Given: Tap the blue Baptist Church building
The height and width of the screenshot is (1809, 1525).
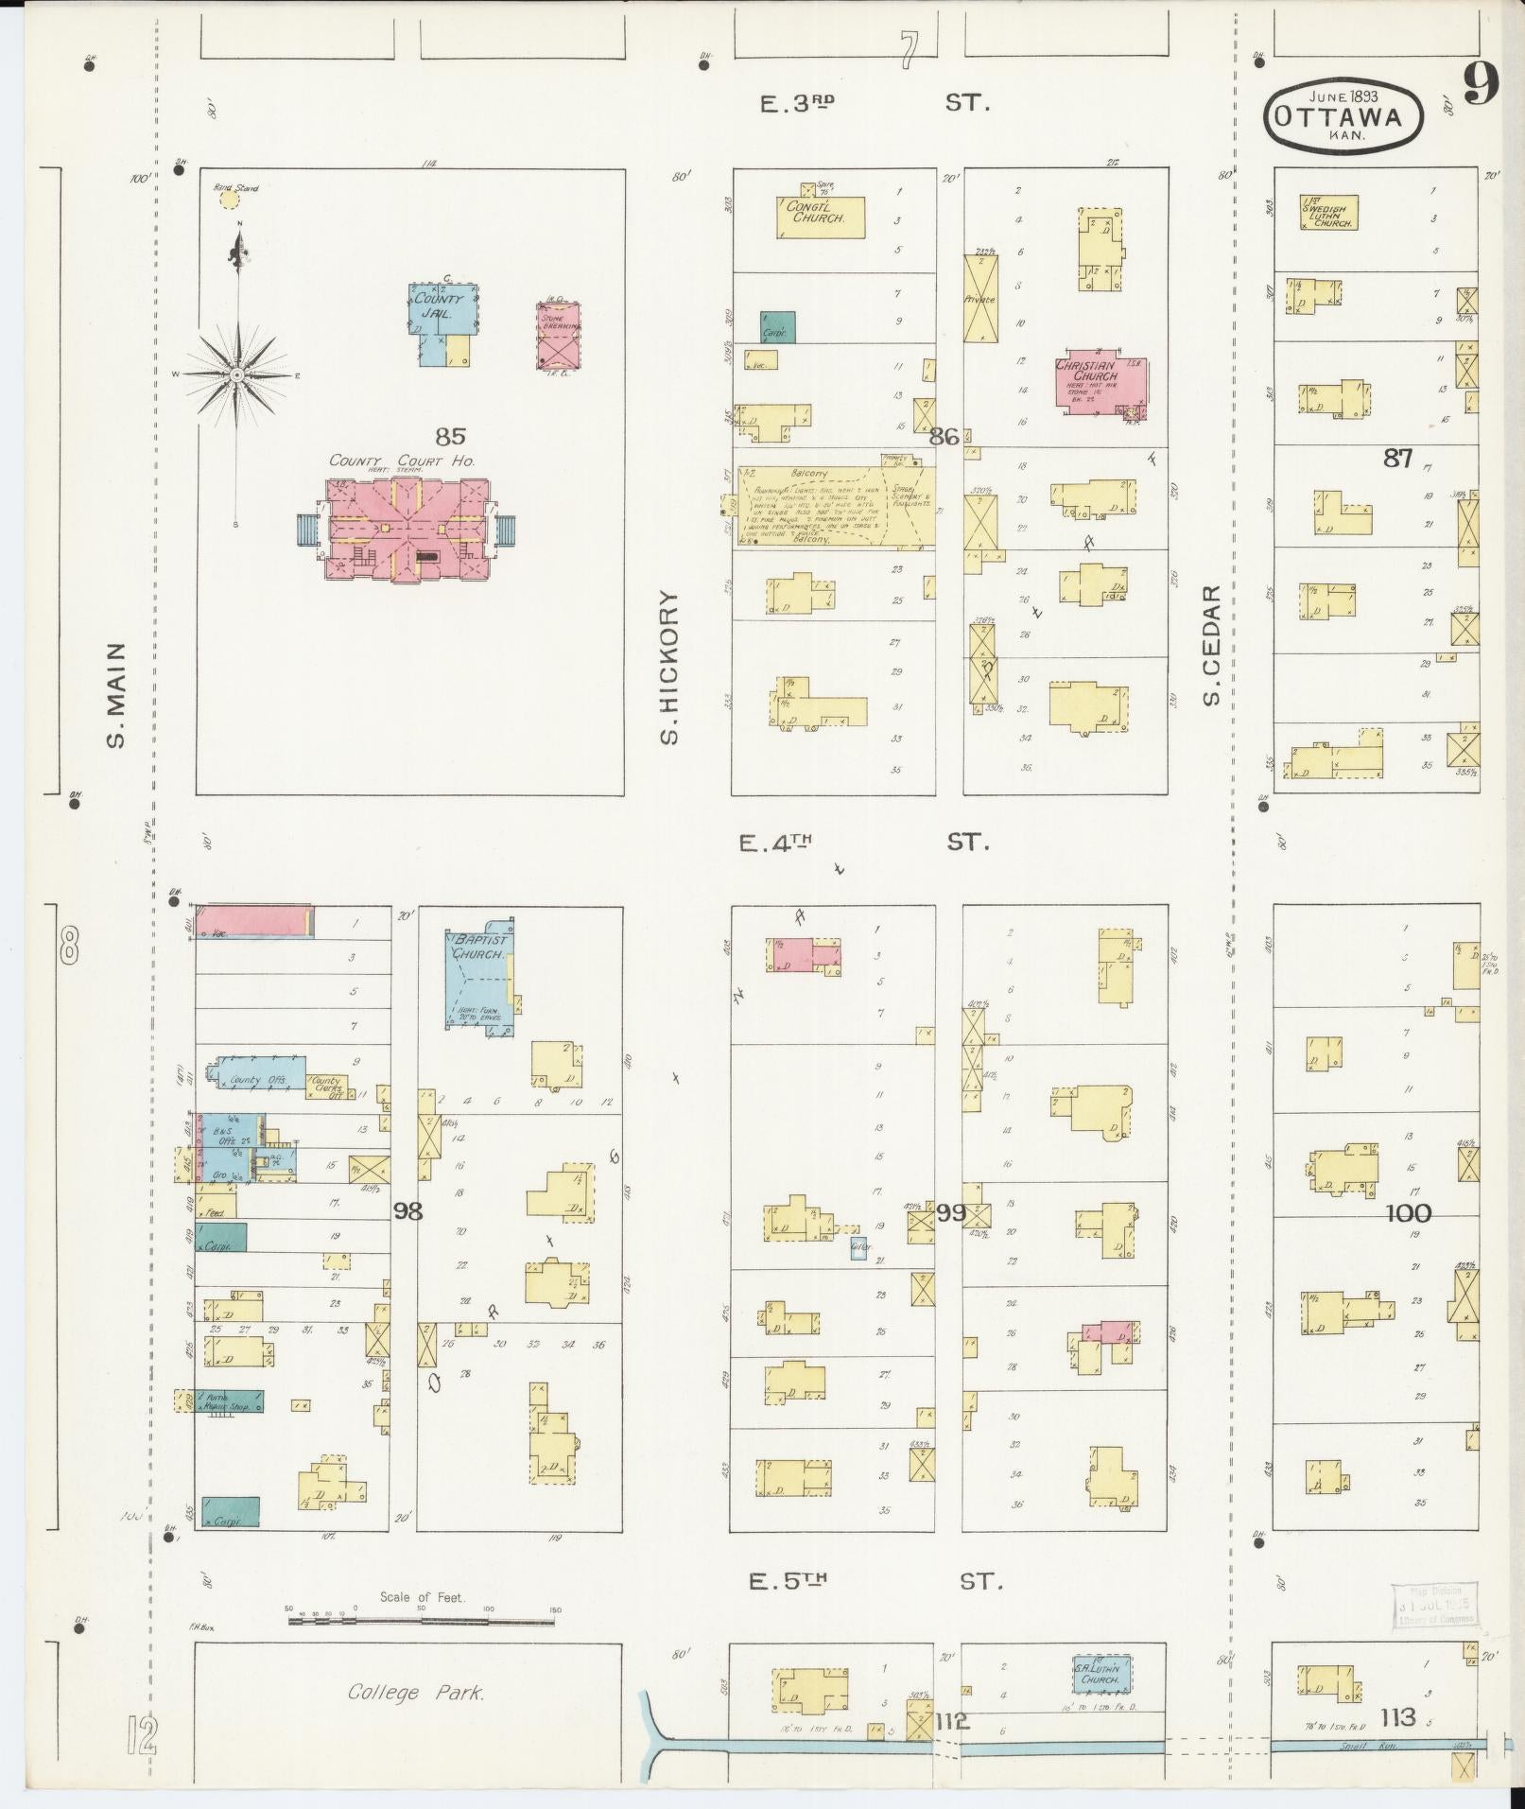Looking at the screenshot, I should (479, 978).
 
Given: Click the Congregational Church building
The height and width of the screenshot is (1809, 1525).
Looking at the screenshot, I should (820, 217).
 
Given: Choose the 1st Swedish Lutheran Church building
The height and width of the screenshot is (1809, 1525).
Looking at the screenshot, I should (1328, 213).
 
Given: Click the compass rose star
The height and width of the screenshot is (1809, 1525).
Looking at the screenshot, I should (237, 375).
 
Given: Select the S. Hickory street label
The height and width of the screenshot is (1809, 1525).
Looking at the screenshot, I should (670, 668).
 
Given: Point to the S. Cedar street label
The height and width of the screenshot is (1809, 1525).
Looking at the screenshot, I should (1212, 645).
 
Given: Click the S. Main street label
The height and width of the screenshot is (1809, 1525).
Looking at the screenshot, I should (115, 695).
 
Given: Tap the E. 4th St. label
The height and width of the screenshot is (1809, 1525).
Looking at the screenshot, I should (863, 842).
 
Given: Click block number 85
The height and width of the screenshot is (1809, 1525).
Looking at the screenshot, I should (451, 437).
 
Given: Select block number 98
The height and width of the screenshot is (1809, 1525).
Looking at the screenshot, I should (407, 1210).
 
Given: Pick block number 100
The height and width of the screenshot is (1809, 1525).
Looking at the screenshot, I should (1408, 1213).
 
